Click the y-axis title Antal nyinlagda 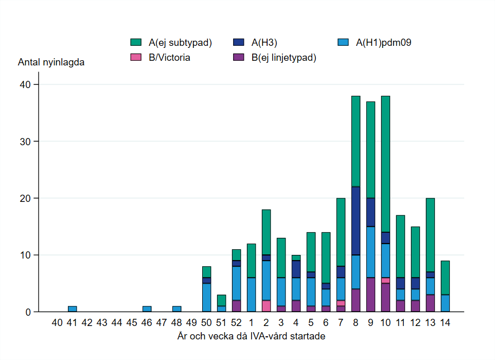coord(51,63)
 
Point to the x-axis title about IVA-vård coord(251,336)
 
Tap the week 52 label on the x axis coord(236,323)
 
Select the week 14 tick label coord(445,323)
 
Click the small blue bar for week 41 coord(73,309)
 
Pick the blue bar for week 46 coord(147,309)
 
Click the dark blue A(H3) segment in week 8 coord(356,221)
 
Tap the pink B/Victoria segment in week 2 coord(266,306)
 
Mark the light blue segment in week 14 coord(445,303)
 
